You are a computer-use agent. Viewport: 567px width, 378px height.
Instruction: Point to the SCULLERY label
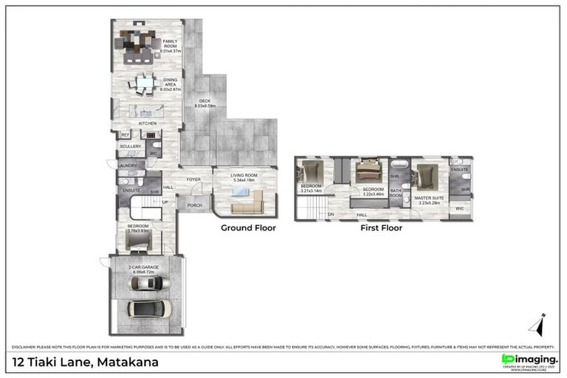(130, 146)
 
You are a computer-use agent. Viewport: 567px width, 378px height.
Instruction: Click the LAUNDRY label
(128, 166)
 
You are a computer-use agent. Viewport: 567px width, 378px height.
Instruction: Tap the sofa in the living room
(247, 201)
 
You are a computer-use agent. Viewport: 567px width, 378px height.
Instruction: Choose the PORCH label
(195, 205)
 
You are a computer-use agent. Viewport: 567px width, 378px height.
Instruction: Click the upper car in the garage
(150, 283)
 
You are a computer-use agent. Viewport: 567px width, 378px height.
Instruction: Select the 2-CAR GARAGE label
(146, 269)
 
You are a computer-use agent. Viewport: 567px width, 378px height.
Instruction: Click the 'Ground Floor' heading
(248, 228)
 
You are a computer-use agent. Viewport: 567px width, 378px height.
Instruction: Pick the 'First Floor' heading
(381, 228)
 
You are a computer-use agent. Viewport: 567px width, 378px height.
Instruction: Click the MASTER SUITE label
(428, 199)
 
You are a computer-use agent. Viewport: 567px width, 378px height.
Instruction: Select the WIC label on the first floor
(459, 209)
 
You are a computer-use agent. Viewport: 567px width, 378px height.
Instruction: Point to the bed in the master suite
(426, 176)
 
